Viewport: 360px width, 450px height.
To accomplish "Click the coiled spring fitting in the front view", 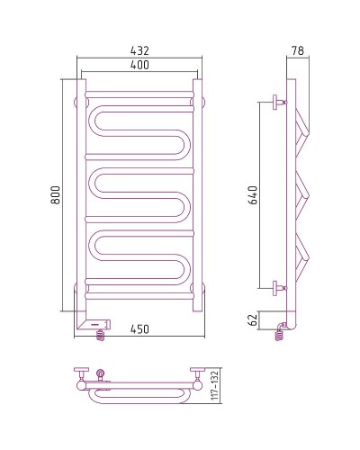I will tap(100, 333).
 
